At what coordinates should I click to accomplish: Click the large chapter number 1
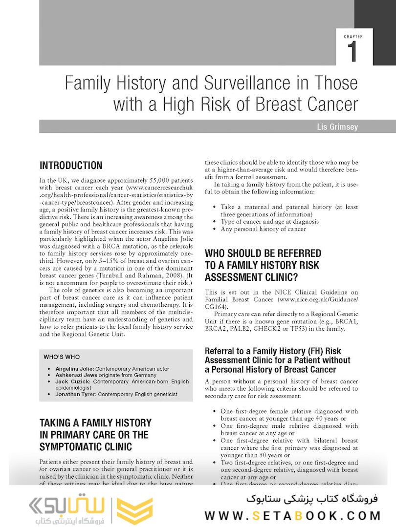[x=353, y=52]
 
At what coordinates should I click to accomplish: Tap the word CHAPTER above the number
[x=353, y=37]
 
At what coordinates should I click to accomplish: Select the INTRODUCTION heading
[x=71, y=165]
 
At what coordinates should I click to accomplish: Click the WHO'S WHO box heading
[x=62, y=357]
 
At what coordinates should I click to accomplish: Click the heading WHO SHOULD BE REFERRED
[x=263, y=253]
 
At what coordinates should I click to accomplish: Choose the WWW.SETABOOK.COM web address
[x=292, y=515]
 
